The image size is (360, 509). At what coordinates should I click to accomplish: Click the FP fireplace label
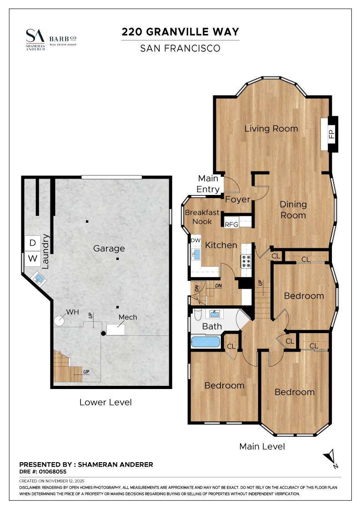coord(331,135)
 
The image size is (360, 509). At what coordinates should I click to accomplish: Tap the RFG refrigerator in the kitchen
coord(231,224)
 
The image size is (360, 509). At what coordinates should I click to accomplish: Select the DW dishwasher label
coord(195,240)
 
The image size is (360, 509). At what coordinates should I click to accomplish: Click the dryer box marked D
coord(33,243)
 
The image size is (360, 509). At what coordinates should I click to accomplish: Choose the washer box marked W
coord(33,259)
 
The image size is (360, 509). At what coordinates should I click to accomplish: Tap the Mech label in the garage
coord(128,317)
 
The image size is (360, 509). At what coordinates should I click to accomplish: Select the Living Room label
coord(271,129)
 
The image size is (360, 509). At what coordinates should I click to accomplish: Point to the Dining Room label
coord(293,210)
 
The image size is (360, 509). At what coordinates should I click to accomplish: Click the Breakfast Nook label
coord(202,217)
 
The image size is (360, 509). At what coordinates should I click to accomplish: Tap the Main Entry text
coord(208,183)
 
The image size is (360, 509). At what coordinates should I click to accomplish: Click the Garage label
coord(109,249)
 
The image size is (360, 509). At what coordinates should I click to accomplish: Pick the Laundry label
coord(45,250)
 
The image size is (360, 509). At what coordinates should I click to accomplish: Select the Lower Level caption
coord(105,402)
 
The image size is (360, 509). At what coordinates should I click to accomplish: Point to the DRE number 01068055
coord(54,472)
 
